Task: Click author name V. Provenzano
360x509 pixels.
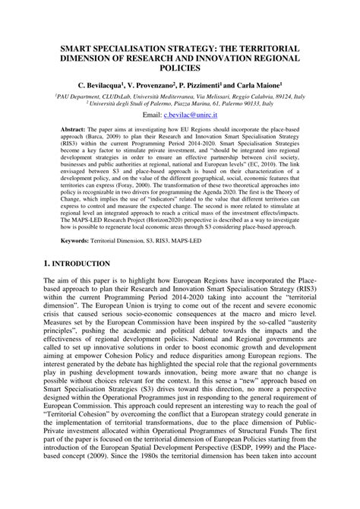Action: pos(159,87)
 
